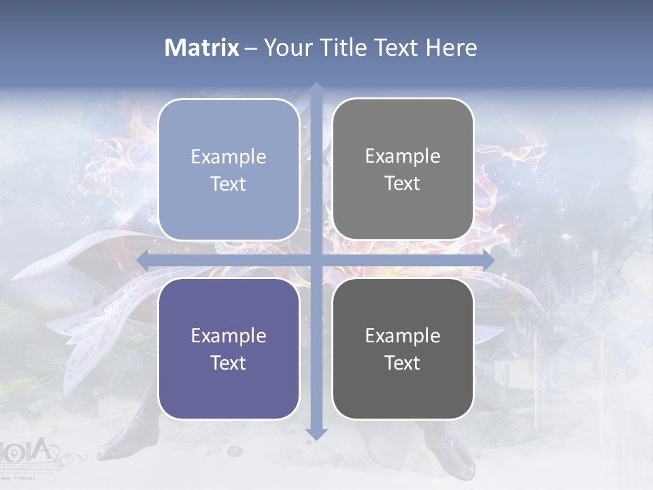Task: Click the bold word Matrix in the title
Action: tap(202, 48)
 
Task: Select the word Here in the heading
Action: tap(451, 48)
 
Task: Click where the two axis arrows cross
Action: tap(316, 260)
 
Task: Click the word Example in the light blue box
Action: tap(229, 157)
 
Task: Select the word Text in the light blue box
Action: tap(229, 184)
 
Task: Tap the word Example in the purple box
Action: tap(229, 336)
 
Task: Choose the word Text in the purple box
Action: tap(229, 363)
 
